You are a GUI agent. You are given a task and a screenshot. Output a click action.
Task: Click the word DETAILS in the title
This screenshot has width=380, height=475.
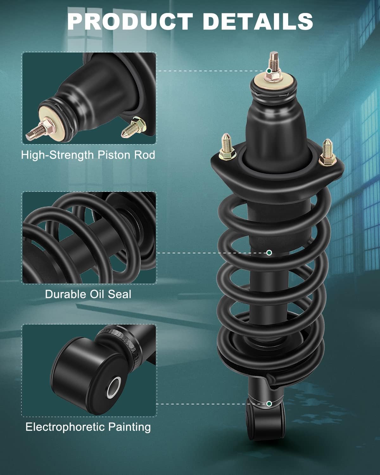[258, 21]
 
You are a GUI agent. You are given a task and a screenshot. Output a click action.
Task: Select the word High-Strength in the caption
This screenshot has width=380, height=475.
[57, 155]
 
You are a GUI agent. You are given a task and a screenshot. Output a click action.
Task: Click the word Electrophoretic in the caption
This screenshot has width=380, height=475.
[65, 427]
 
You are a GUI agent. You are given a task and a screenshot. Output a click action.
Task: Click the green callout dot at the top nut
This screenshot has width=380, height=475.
[269, 71]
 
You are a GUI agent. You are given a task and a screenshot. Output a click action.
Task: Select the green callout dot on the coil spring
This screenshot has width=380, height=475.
[269, 253]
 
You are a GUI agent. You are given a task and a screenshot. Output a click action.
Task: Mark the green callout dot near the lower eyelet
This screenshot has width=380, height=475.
[269, 404]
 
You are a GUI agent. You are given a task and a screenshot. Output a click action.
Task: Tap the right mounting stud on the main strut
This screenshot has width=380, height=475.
[327, 152]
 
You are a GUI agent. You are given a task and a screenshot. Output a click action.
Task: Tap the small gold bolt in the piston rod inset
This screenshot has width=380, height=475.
[133, 127]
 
